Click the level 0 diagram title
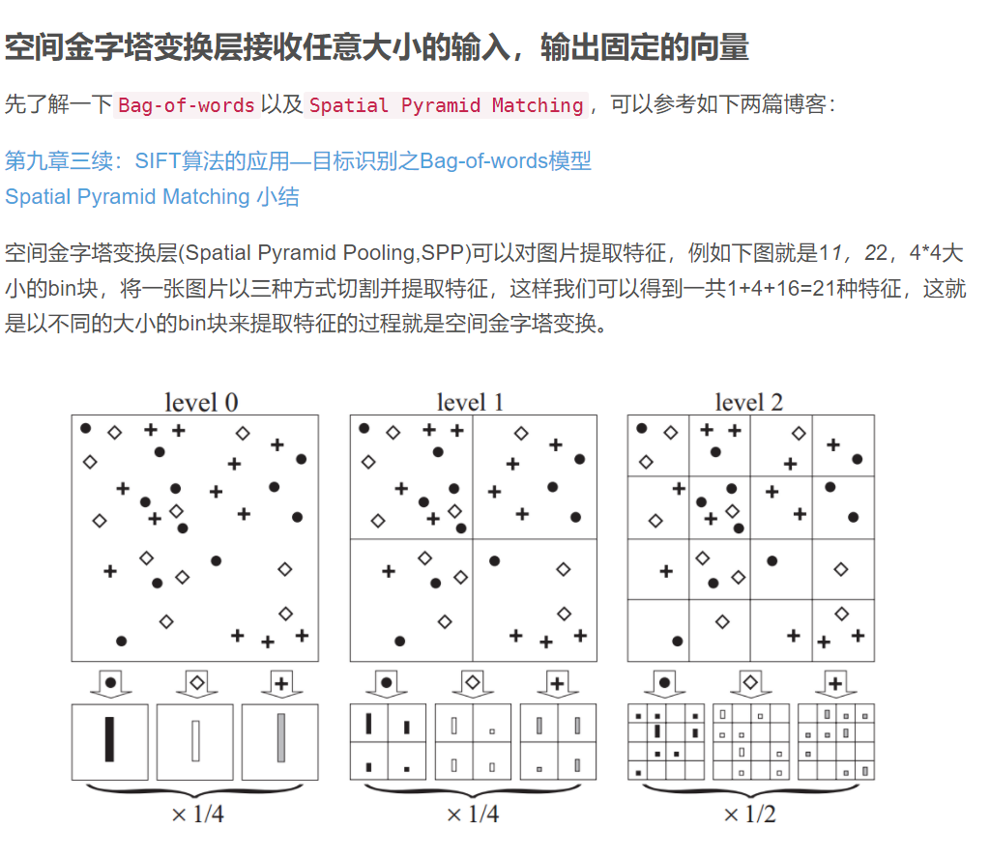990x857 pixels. point(201,402)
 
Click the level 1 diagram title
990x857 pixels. point(471,402)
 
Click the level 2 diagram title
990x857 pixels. point(748,402)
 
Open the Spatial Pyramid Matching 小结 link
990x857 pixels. point(152,197)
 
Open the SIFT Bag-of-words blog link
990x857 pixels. point(298,160)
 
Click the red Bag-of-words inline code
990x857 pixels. point(187,105)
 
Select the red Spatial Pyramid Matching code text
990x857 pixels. point(446,105)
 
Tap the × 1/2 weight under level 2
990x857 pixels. point(749,814)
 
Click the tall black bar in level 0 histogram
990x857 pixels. point(109,740)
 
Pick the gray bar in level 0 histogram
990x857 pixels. point(280,739)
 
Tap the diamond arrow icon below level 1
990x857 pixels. point(472,682)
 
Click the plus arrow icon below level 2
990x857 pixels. point(835,683)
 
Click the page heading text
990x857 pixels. point(376,46)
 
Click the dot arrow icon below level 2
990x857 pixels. point(664,683)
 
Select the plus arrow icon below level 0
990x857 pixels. point(280,682)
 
